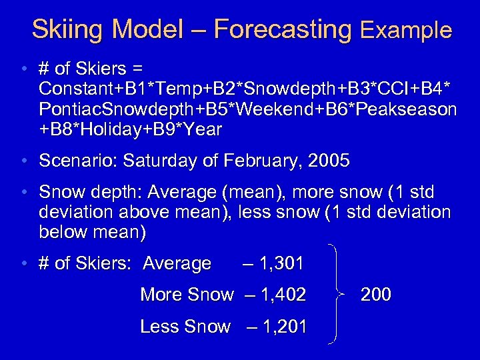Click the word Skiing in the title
point(69,29)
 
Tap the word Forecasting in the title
point(283,29)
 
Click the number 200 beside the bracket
point(375,295)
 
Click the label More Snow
point(187,295)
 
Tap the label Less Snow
point(185,327)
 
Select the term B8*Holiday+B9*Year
point(130,129)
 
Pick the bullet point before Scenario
point(24,161)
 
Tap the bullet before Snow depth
point(24,193)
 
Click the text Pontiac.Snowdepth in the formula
point(104,109)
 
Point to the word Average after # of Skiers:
point(177,263)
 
